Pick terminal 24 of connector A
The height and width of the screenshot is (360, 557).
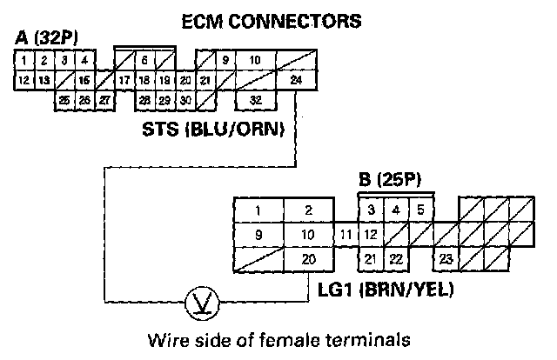(296, 80)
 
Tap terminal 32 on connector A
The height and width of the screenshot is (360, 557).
(256, 100)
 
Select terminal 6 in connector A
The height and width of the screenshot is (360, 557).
(144, 60)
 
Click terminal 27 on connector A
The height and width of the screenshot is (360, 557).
(104, 100)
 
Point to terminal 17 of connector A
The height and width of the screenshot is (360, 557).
(124, 80)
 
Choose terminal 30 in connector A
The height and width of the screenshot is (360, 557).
(185, 100)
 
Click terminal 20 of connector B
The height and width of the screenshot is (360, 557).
(308, 257)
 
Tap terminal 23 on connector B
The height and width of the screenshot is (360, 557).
(446, 257)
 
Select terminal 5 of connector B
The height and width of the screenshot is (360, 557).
(420, 210)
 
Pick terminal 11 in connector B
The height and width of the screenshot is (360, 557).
(346, 234)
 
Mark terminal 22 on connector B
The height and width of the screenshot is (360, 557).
(395, 257)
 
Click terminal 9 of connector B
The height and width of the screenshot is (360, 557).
(258, 234)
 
